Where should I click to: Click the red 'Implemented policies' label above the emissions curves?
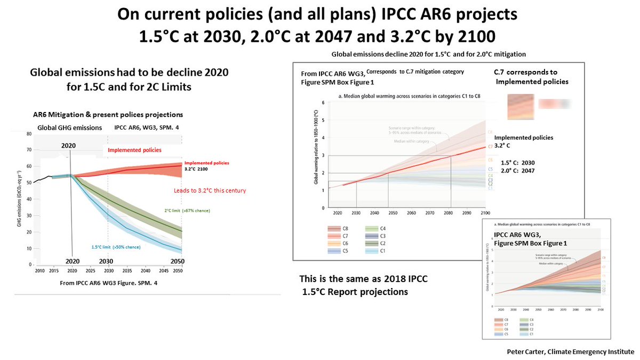132,150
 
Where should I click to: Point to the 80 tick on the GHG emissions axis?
29,134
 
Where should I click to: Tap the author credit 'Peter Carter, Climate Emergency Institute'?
577,352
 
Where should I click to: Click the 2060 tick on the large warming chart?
411,212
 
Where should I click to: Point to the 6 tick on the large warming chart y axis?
322,102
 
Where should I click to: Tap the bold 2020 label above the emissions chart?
69,145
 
